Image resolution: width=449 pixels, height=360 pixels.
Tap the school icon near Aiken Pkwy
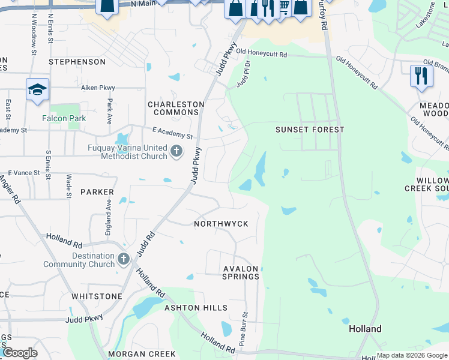(37, 89)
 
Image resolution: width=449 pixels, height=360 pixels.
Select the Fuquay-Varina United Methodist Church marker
(176, 150)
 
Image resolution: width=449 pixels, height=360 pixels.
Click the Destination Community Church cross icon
(124, 259)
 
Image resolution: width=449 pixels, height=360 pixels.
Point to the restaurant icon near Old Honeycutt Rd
(421, 76)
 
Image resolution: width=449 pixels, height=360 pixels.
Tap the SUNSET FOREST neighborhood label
(310, 130)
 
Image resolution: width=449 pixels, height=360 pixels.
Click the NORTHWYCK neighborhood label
(221, 224)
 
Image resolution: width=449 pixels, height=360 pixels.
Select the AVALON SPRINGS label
(240, 272)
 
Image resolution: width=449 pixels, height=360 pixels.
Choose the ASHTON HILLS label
(196, 308)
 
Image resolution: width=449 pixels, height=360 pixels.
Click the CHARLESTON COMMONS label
(176, 108)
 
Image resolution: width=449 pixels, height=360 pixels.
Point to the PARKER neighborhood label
(97, 192)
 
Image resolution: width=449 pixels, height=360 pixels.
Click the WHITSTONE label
(97, 296)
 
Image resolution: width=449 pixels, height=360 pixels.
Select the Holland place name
(365, 329)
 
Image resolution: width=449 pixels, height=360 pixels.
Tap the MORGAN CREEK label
(146, 354)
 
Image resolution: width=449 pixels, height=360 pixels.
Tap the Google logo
(19, 352)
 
